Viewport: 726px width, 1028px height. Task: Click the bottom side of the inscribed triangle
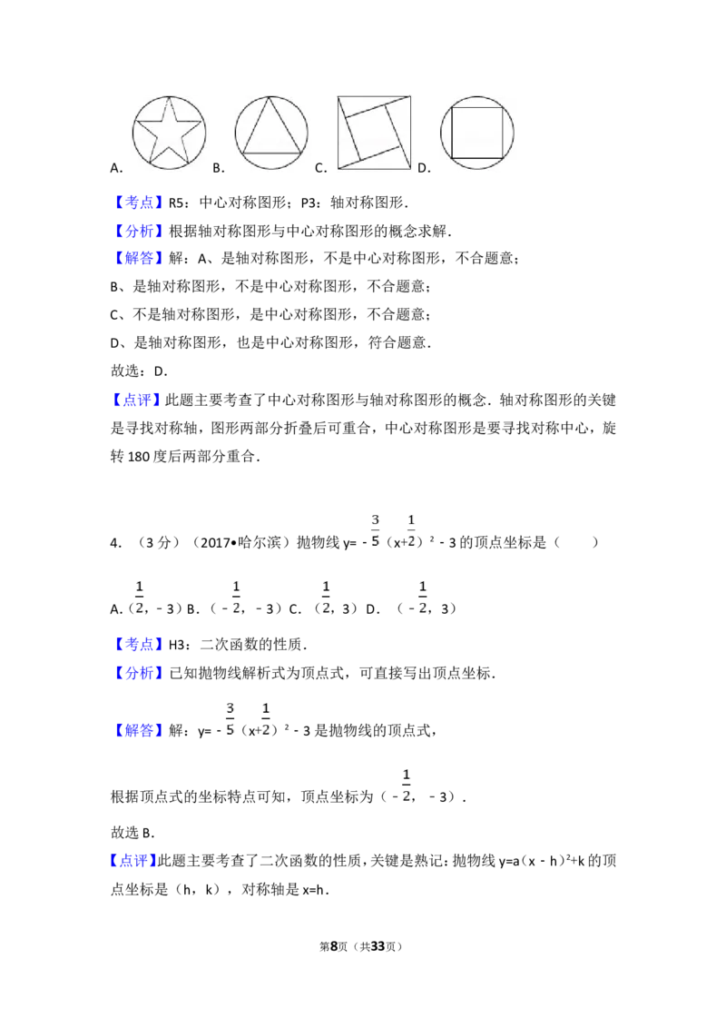[x=271, y=152]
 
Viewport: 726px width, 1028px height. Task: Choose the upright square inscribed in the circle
[x=478, y=133]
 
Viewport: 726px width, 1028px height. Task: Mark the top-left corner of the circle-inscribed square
[x=453, y=108]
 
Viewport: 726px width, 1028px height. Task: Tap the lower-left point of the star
[x=148, y=166]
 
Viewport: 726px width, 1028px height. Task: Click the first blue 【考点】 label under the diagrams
[x=141, y=202]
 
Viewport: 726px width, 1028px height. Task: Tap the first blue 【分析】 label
[x=141, y=230]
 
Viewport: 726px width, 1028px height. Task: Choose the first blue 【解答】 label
[x=141, y=259]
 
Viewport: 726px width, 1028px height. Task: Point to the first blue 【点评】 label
[x=135, y=400]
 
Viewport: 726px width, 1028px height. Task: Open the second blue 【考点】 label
[x=141, y=645]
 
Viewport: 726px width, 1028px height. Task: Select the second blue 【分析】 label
[x=141, y=673]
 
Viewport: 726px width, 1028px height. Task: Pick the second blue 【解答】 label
[x=141, y=731]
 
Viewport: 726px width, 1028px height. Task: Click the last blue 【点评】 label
[x=134, y=861]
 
